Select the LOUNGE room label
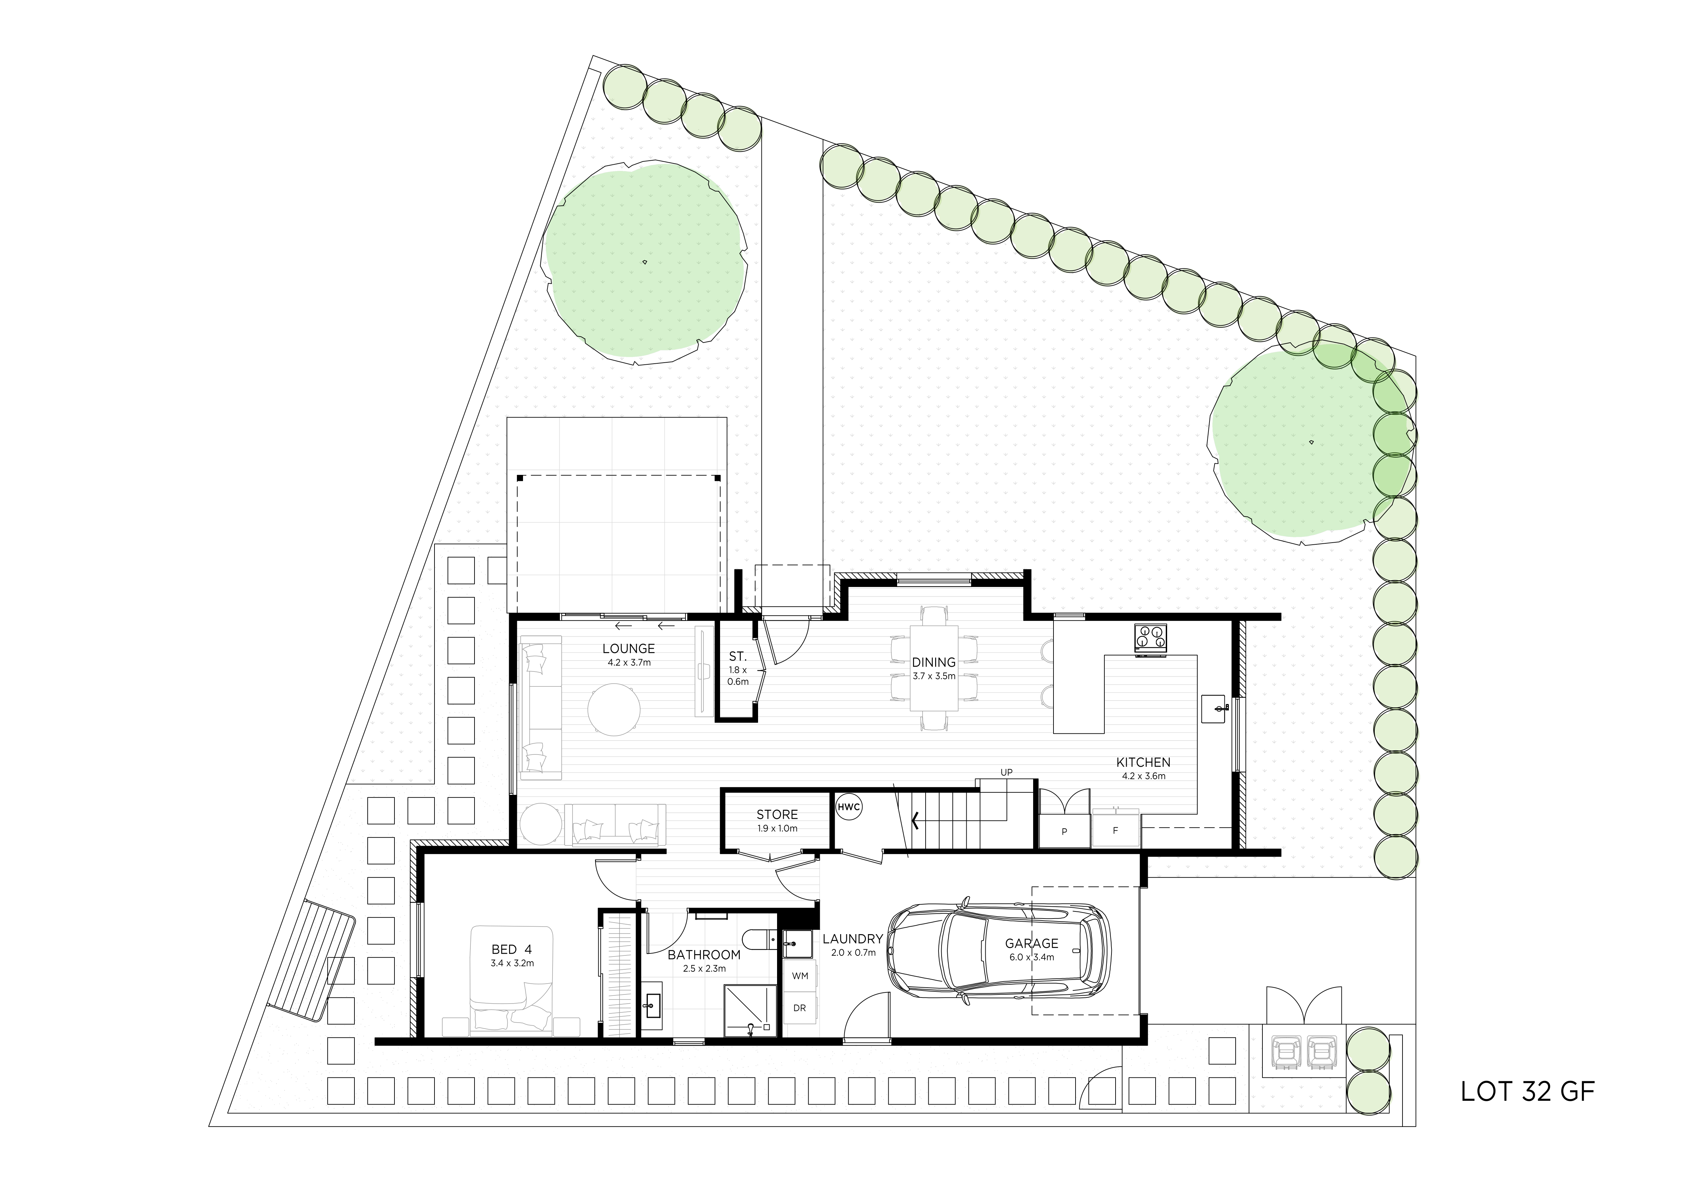628,648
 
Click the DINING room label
934,662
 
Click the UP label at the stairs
1006,773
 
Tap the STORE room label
777,815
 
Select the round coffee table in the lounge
614,709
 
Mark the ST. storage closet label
737,657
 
